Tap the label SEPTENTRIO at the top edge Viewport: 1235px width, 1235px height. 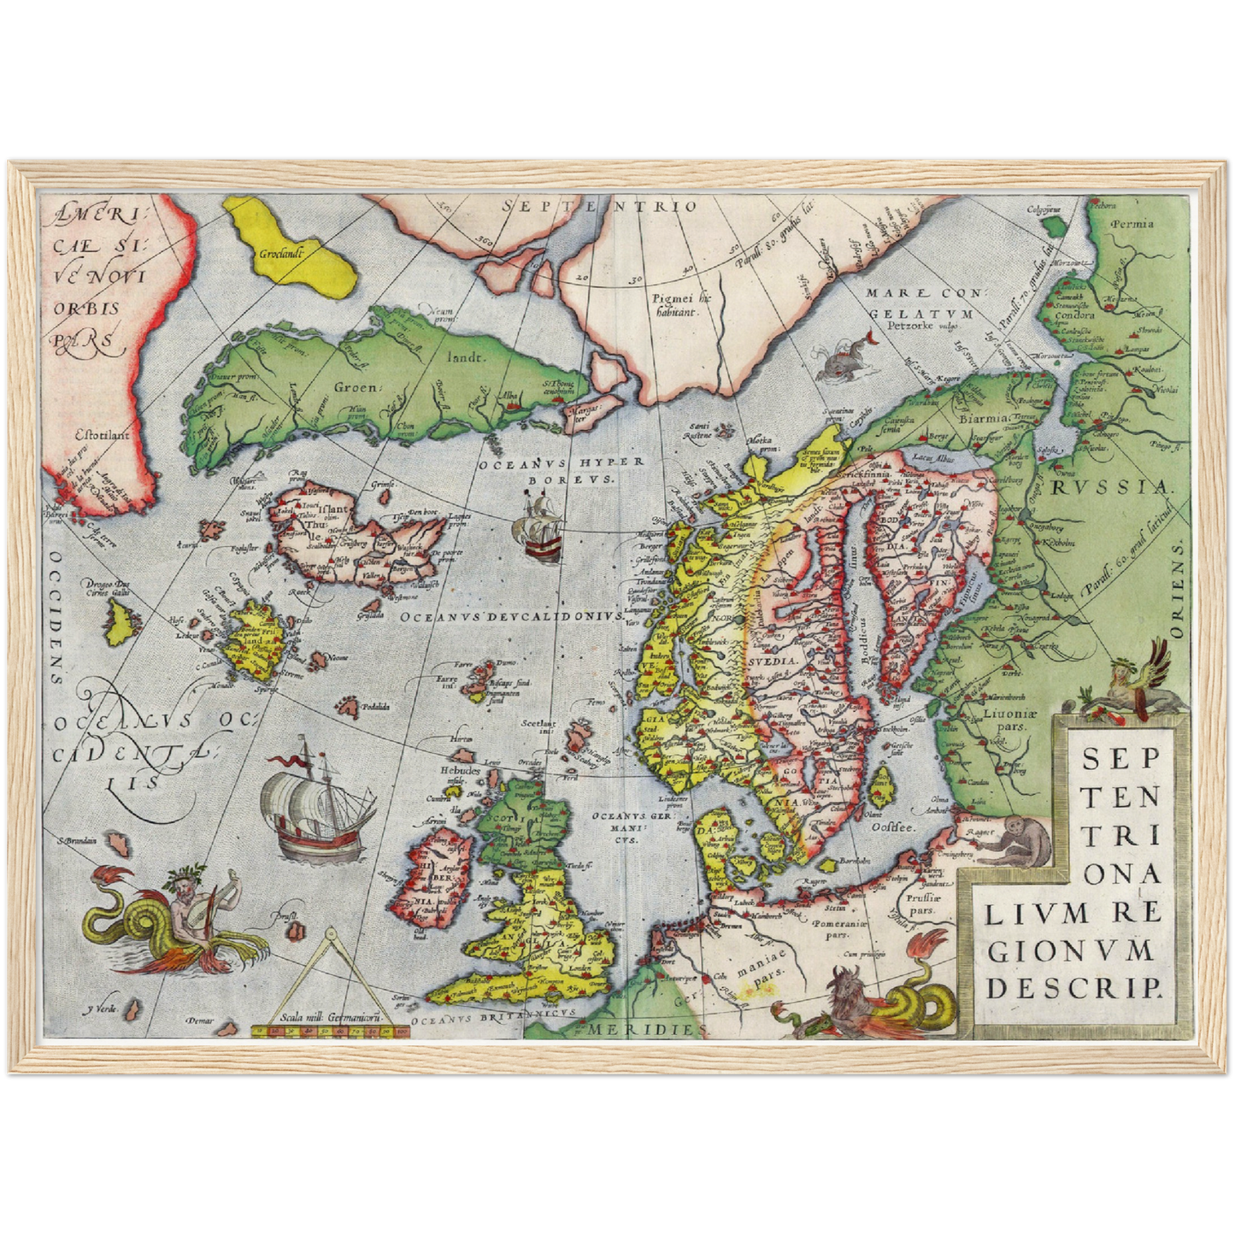click(600, 206)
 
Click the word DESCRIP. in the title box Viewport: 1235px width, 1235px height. click(1074, 988)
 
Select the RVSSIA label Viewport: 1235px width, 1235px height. click(1109, 487)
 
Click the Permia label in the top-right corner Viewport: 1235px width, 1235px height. click(1132, 224)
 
